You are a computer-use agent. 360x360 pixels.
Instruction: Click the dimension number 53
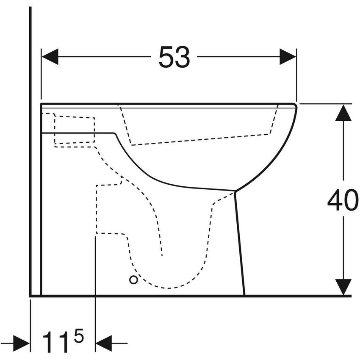pyautogui.click(x=174, y=57)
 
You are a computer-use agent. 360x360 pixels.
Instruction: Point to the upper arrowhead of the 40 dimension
pyautogui.click(x=343, y=113)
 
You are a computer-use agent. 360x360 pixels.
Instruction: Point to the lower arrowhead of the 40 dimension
pyautogui.click(x=343, y=287)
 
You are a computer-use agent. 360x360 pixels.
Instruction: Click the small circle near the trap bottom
pyautogui.click(x=133, y=280)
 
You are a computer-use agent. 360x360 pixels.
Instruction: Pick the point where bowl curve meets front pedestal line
pyautogui.click(x=235, y=191)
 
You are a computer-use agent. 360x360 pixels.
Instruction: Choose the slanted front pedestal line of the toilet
pyautogui.click(x=239, y=241)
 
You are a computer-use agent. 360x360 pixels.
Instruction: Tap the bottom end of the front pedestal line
pyautogui.click(x=244, y=294)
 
